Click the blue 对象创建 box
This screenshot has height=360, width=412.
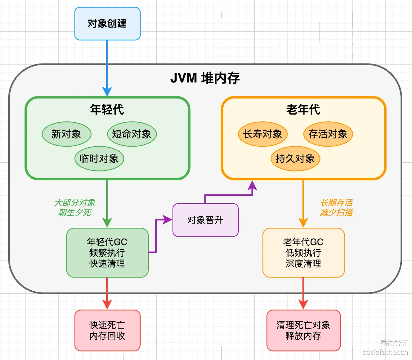pyautogui.click(x=107, y=24)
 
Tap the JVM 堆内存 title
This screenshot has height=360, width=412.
pyautogui.click(x=205, y=78)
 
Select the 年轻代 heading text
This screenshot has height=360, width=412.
pyautogui.click(x=107, y=109)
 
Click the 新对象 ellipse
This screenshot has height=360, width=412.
pyautogui.click(x=66, y=134)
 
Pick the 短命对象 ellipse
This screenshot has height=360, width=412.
pyautogui.click(x=132, y=134)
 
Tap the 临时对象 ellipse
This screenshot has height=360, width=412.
pyautogui.click(x=99, y=158)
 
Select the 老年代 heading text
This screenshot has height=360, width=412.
pyautogui.click(x=303, y=109)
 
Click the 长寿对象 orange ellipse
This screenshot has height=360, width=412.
pyautogui.click(x=263, y=134)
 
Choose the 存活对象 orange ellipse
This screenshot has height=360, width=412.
pyautogui.click(x=328, y=134)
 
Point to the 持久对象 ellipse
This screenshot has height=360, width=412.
pyautogui.click(x=295, y=158)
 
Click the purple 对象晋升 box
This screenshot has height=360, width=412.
pyautogui.click(x=205, y=220)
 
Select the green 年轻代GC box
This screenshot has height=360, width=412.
pyautogui.click(x=107, y=253)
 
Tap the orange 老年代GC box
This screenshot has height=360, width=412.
pyautogui.click(x=303, y=253)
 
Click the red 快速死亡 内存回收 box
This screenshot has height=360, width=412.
pyautogui.click(x=107, y=331)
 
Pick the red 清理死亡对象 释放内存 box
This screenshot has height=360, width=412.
pyautogui.click(x=303, y=331)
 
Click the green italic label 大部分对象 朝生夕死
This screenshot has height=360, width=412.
pyautogui.click(x=75, y=207)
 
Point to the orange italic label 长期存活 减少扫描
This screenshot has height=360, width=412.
pyautogui.click(x=336, y=207)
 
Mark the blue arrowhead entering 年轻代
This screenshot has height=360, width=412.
pyautogui.click(x=107, y=92)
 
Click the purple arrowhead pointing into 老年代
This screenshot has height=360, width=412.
pyautogui.click(x=252, y=186)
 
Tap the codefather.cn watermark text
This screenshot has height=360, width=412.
pyautogui.click(x=385, y=352)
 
